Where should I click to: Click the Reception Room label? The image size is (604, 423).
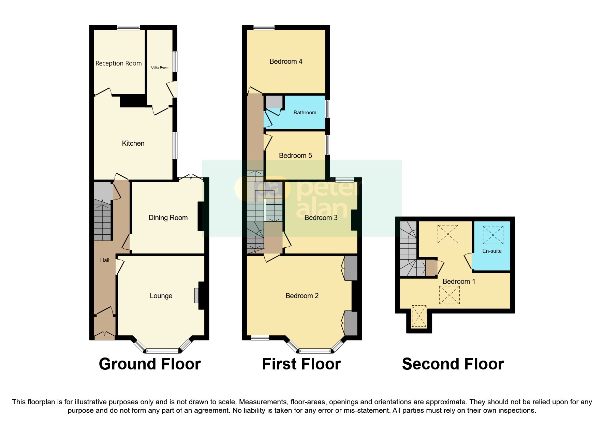[x=118, y=63]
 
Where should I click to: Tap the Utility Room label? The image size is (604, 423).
[x=160, y=68]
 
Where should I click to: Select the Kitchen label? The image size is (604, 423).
[x=133, y=143]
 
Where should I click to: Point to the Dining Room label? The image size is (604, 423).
[x=168, y=218]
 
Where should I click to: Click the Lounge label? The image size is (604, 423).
[x=161, y=296]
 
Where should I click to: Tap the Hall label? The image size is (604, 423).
[x=105, y=260]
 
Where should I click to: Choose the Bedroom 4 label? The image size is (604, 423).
[x=286, y=61]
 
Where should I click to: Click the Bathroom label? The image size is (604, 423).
[x=305, y=113]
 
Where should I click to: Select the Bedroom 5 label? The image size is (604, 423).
[x=295, y=156]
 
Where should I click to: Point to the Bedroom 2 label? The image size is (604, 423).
[x=302, y=296]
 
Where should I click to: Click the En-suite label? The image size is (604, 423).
[x=492, y=251]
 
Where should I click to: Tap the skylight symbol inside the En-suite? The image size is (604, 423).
[x=493, y=235]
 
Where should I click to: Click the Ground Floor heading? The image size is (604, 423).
[x=150, y=364]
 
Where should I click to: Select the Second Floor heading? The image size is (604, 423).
[x=453, y=364]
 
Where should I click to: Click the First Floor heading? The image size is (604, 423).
[x=301, y=364]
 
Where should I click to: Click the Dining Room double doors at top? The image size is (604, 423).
[x=191, y=177]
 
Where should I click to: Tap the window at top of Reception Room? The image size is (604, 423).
[x=128, y=28]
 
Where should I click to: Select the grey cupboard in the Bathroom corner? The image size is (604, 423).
[x=274, y=102]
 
